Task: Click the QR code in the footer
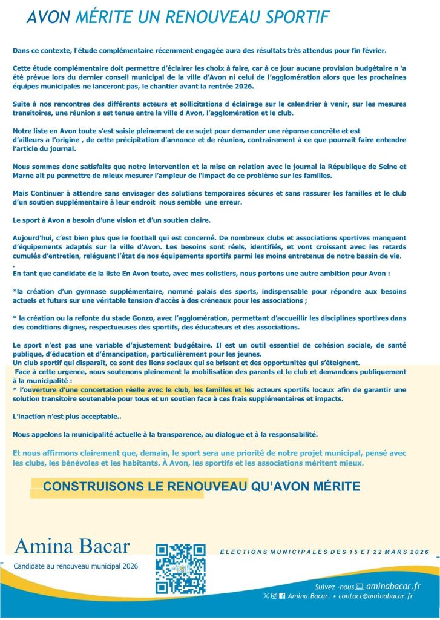coord(180,569)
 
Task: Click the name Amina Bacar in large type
coord(72,546)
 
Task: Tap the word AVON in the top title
coord(48,17)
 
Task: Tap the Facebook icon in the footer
coord(282,596)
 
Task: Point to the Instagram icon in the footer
coord(274,596)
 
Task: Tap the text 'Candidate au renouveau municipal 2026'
coord(76,566)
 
